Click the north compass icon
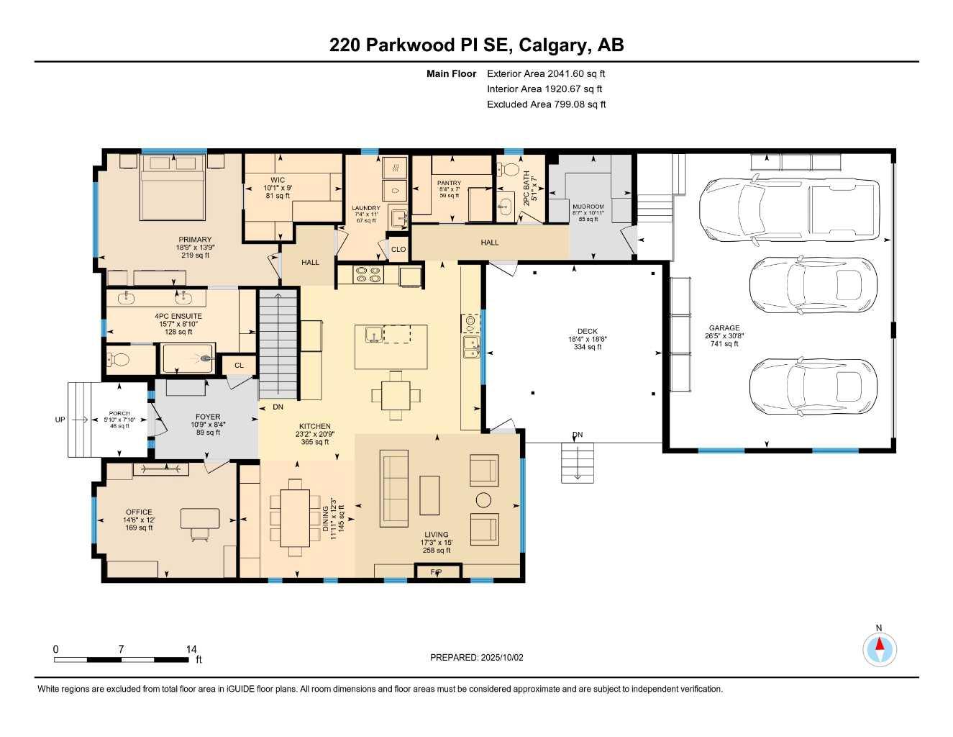pos(879,649)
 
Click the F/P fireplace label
pos(436,571)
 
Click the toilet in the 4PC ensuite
pos(119,358)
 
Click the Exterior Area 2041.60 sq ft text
pos(546,73)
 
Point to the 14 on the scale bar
pos(191,649)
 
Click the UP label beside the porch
pos(60,420)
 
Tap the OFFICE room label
pos(139,512)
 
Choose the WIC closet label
pos(278,180)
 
